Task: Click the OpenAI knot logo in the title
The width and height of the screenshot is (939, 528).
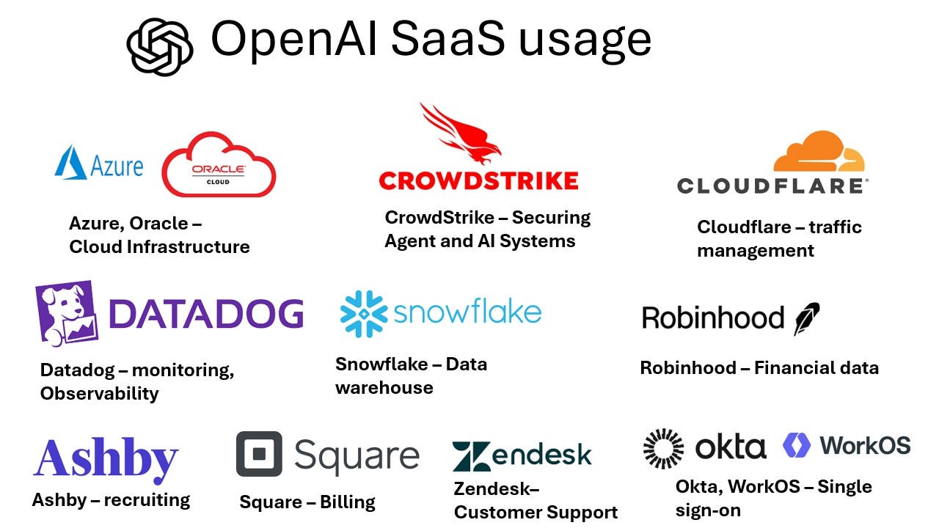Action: (160, 45)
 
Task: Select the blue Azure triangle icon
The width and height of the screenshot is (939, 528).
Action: (70, 162)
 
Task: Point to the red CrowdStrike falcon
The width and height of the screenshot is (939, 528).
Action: (461, 133)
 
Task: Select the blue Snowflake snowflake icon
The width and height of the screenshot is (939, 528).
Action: (363, 314)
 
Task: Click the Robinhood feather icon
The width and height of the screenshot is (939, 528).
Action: (806, 318)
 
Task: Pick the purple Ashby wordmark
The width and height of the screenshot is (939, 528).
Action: (106, 458)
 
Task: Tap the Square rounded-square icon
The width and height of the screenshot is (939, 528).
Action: (259, 454)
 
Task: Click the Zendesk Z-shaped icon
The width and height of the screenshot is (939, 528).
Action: (472, 456)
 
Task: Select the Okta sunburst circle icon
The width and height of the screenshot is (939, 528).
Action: (663, 448)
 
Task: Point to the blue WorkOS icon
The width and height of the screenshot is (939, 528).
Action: (797, 445)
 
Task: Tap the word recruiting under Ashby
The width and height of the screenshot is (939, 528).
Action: (147, 500)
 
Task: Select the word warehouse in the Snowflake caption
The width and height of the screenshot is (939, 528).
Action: (384, 387)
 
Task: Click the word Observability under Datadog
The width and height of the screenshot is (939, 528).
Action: (99, 393)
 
